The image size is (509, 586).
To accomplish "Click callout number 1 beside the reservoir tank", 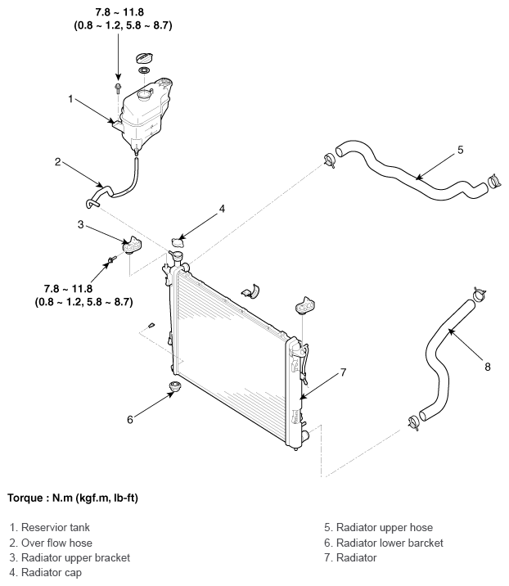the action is coord(70,99).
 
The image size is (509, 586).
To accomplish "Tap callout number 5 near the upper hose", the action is coord(461,150).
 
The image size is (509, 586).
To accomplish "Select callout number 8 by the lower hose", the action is coord(488,367).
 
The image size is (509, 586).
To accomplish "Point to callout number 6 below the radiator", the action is coord(129,420).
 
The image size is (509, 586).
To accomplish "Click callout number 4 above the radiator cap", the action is coord(222,209).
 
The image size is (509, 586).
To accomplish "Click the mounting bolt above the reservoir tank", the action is coord(118,88).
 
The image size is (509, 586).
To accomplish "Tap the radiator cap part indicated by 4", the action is coord(178,242).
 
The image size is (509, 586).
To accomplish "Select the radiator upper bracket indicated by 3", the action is coord(133,246).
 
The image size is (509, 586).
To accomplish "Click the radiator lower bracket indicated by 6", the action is coord(174,386).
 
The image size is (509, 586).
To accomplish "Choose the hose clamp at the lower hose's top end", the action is coord(479,293).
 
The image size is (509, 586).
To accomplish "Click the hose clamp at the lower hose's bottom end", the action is coord(414,422).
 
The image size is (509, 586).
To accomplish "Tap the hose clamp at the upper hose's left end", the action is coord(329,160).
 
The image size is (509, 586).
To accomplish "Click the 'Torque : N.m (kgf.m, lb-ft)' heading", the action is coord(73,498).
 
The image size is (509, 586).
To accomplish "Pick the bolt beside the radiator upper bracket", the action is coord(112,259).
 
